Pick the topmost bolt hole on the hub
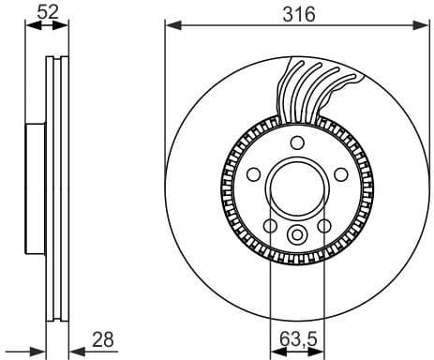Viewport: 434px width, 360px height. tap(296, 142)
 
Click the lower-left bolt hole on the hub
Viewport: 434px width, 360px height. tap(270, 226)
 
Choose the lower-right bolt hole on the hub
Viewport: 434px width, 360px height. tap(323, 226)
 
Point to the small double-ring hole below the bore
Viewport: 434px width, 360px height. tap(296, 235)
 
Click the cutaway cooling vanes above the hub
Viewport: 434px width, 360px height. tap(314, 89)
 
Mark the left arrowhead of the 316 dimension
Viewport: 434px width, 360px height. tap(170, 25)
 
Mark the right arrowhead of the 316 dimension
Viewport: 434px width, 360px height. tap(423, 25)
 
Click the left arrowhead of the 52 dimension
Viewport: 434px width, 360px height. tap(28, 25)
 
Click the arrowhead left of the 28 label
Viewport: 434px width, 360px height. tap(75, 350)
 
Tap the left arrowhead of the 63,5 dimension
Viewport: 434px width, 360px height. tap(275, 350)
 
